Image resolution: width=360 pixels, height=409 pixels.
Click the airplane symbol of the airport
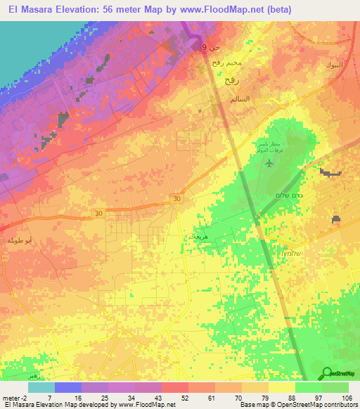pos(269,164)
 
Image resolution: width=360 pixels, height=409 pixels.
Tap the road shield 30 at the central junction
pos(176,200)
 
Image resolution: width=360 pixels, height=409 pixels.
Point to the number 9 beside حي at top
pos(204,47)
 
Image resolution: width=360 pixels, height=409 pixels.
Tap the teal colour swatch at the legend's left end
pos(41,387)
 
